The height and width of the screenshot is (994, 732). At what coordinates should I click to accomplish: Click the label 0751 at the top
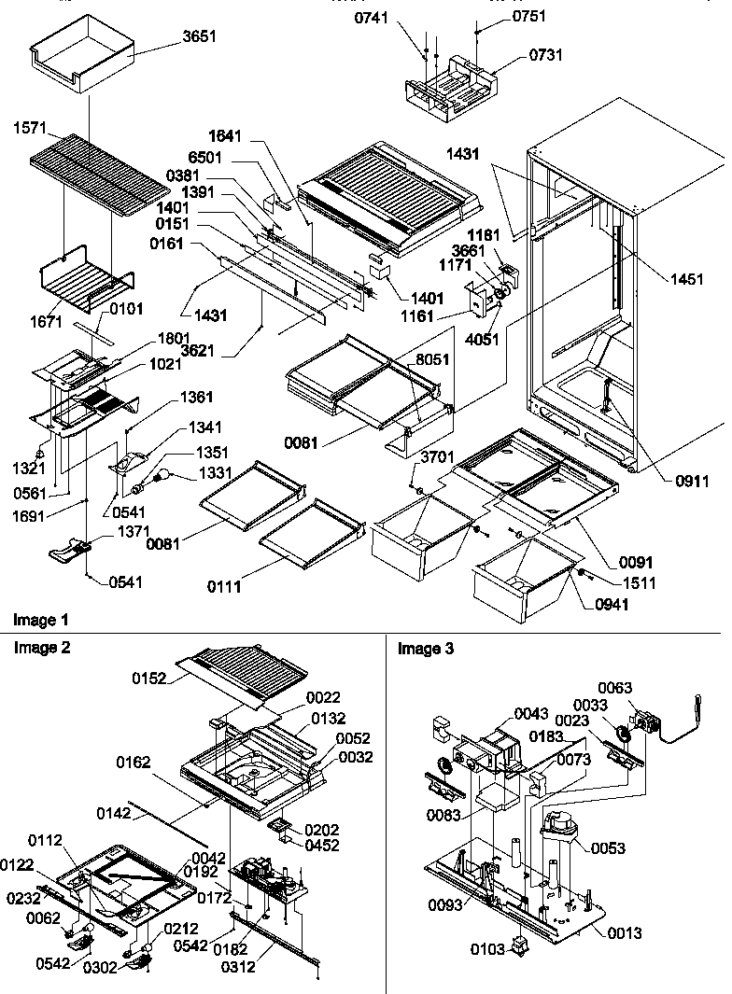[528, 16]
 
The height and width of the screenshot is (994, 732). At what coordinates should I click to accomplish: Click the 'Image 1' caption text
[41, 619]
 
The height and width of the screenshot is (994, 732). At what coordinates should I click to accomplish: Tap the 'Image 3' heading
[426, 649]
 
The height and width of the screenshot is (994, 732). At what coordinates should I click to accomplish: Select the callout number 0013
[624, 932]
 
